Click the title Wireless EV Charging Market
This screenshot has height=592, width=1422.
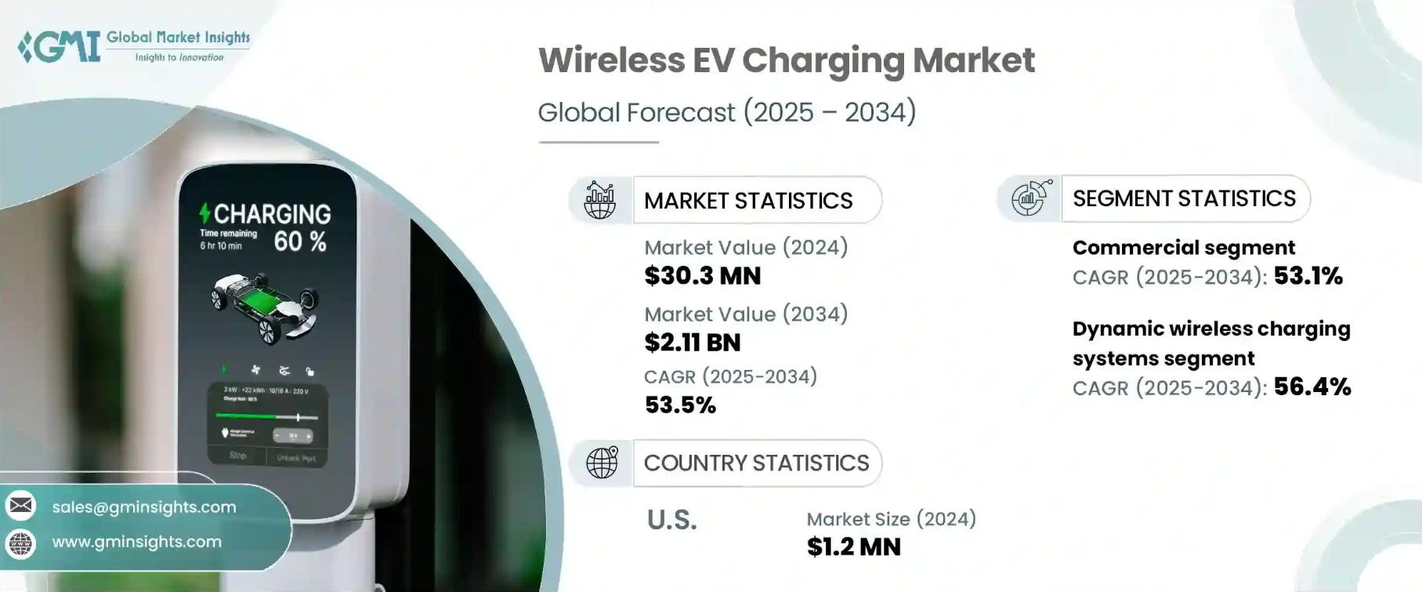point(786,60)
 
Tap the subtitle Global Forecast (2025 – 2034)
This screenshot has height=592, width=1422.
point(726,112)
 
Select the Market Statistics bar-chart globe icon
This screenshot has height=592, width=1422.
point(600,200)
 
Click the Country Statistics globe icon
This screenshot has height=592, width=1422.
point(602,463)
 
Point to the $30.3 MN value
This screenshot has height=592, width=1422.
point(702,276)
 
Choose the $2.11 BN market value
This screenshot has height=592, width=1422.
point(692,343)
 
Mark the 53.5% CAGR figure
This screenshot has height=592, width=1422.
point(680,405)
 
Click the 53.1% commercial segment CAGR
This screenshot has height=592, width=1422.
point(1308,276)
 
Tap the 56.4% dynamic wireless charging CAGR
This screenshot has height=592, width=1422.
point(1312,387)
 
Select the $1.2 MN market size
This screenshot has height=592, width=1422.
point(853,547)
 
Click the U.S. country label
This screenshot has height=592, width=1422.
point(671,520)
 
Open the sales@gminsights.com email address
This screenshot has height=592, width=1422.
point(144,507)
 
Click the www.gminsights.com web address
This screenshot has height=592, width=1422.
point(137,542)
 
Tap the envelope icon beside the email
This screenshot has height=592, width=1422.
point(21,506)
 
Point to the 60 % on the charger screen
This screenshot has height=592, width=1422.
point(299,242)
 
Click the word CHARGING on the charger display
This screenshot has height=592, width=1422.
point(272,214)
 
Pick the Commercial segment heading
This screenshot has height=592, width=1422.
point(1183,248)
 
